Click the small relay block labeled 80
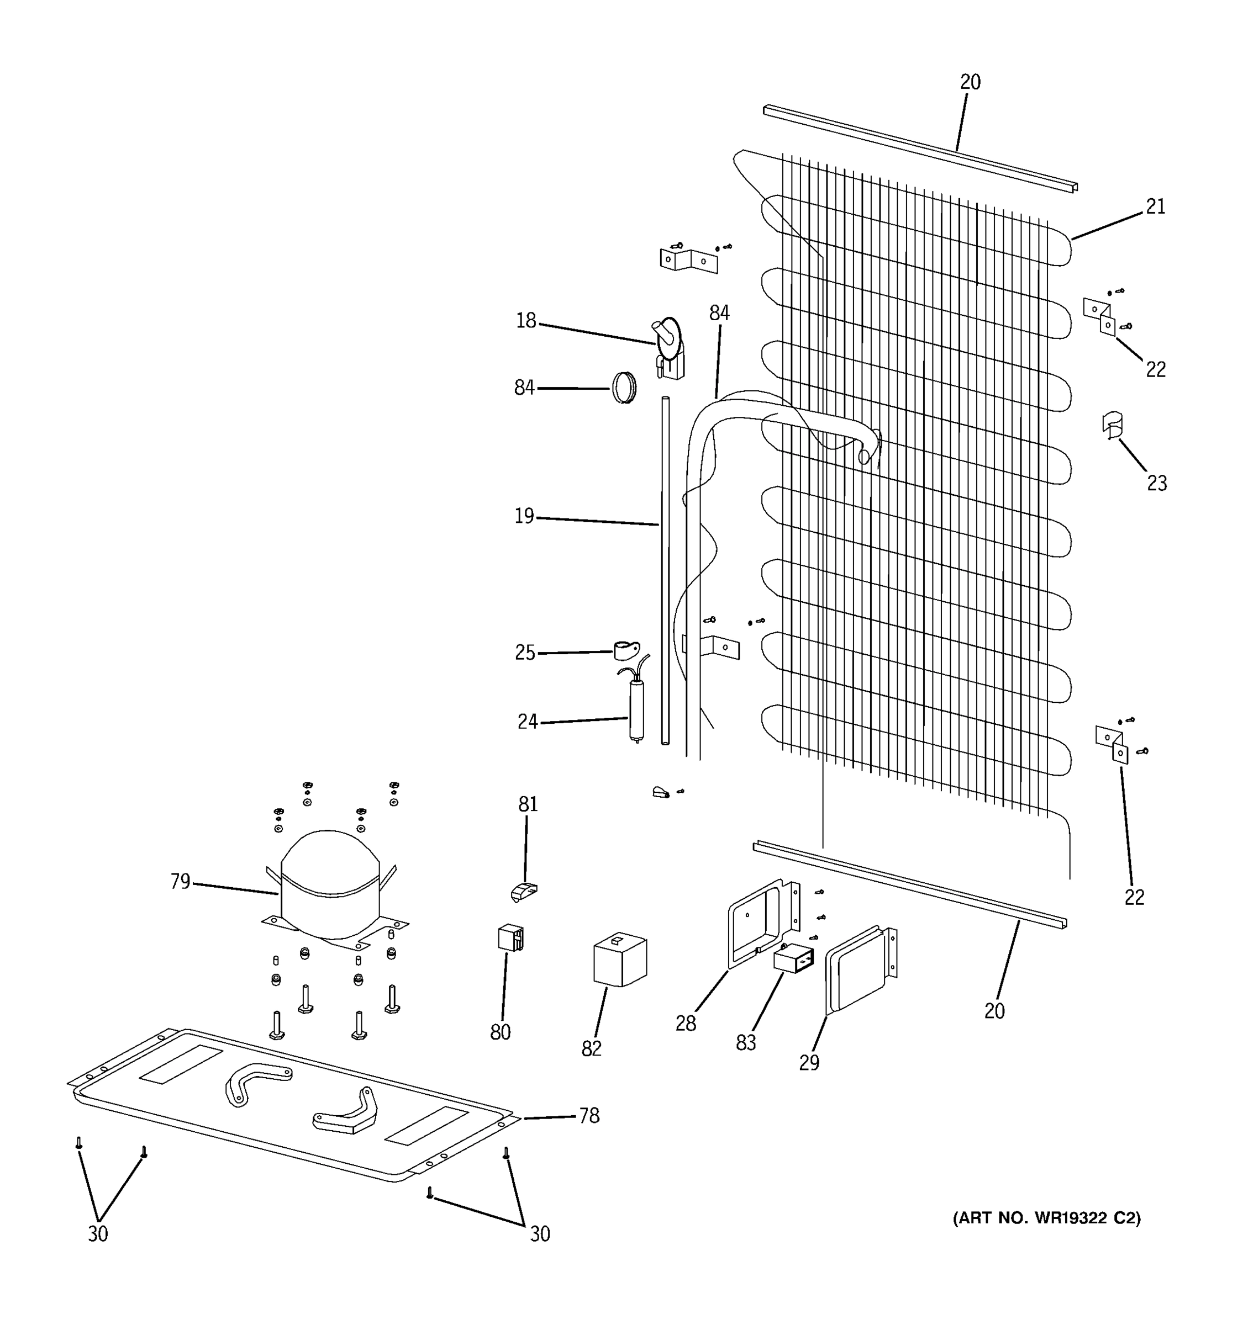[510, 938]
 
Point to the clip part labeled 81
[524, 891]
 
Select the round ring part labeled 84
[624, 388]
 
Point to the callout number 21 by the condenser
[1155, 207]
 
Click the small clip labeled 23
[1112, 425]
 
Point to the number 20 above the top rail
[970, 82]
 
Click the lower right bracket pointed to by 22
[1112, 744]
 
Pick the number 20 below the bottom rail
[994, 1011]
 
